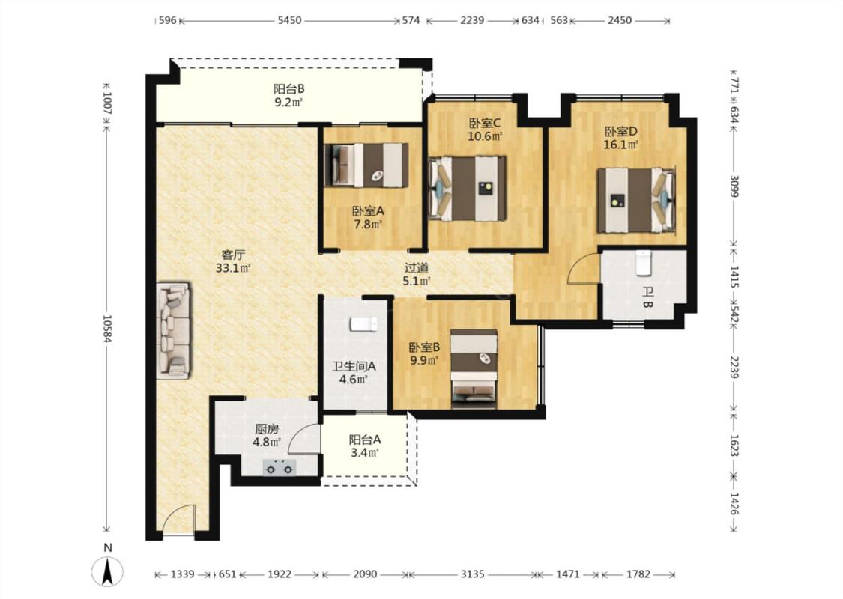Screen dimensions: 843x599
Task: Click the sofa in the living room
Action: [173, 331]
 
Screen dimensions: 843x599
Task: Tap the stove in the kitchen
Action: [280, 466]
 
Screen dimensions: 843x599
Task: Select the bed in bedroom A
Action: [366, 165]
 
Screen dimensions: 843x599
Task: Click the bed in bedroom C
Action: [467, 188]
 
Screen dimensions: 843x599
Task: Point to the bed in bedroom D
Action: [636, 201]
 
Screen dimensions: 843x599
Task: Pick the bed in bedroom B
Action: [474, 368]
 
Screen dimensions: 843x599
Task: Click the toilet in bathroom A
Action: [364, 324]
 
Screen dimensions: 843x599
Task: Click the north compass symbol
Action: [107, 571]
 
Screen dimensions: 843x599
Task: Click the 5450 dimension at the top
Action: [289, 20]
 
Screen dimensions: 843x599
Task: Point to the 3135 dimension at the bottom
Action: [472, 574]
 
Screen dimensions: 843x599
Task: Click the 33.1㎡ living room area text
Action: [233, 267]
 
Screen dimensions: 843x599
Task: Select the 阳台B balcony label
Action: [288, 88]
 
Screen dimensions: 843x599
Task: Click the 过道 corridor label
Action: [416, 267]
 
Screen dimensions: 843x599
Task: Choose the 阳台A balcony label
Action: [365, 440]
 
